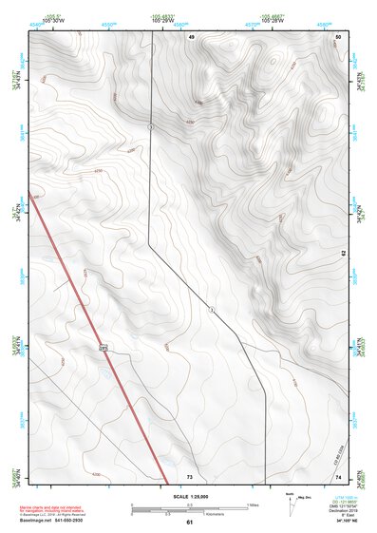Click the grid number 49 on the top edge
pos(191,36)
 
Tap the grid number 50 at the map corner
pos(339,36)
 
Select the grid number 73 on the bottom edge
pos(190,475)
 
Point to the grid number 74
pos(339,475)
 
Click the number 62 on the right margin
pos(344,255)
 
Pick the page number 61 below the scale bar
pos(189,523)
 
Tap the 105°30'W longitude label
pos(52,21)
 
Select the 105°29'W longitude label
pos(161,21)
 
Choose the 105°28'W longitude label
pos(272,21)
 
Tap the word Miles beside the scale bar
pos(253,504)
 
